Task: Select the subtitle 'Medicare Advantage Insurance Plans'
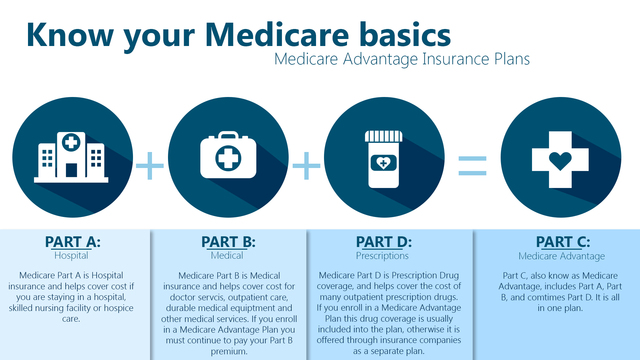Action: click(400, 59)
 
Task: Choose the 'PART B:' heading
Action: click(228, 241)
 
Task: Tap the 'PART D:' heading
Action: click(384, 241)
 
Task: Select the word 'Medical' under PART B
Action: click(228, 256)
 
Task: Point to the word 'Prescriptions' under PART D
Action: click(384, 256)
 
